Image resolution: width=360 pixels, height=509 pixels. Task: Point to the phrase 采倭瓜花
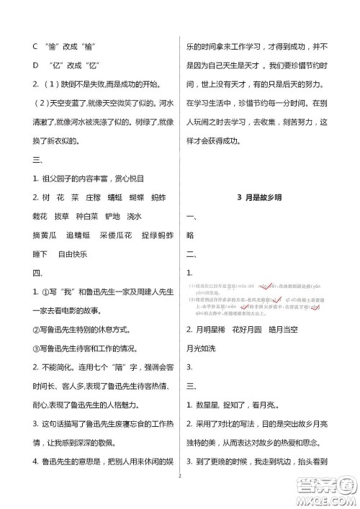pyautogui.click(x=117, y=235)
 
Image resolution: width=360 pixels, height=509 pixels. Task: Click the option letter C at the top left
pyautogui.click(x=35, y=47)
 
